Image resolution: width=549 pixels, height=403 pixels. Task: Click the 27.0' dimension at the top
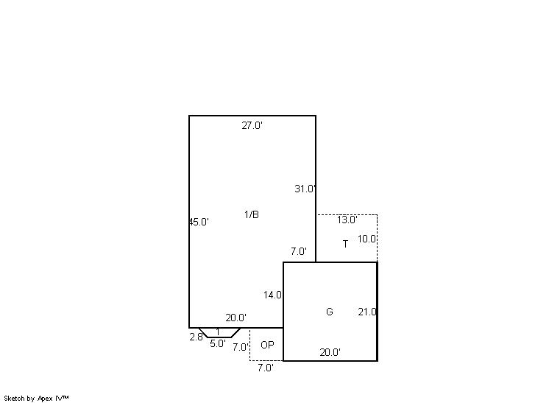coord(252,125)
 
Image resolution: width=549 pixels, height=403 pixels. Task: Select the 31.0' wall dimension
coord(305,189)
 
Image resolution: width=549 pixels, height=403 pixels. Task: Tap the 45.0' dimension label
coord(199,222)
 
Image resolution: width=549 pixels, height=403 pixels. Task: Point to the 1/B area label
coord(252,214)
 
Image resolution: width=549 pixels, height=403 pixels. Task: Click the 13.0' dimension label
coord(347,220)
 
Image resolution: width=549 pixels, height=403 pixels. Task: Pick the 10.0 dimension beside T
coord(367,239)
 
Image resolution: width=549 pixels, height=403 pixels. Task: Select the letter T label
coord(346,244)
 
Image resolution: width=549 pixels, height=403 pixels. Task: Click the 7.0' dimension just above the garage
coord(299,251)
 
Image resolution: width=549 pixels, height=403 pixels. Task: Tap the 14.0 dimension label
coord(273,295)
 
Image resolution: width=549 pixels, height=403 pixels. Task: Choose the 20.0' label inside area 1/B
coord(236,318)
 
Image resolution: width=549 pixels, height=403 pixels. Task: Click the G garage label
coord(330,312)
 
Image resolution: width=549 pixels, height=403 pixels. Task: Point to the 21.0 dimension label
coord(367,312)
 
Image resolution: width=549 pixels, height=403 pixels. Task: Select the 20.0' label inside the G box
coord(330,352)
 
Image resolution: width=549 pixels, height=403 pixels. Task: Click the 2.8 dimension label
coord(196,337)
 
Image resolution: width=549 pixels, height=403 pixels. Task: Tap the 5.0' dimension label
coord(218,344)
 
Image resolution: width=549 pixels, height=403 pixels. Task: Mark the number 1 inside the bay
coord(218,332)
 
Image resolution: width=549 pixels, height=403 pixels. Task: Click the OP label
coord(267,346)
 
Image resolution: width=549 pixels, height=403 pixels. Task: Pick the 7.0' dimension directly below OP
coord(266,368)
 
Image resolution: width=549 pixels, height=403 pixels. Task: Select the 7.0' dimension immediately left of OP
coord(241,347)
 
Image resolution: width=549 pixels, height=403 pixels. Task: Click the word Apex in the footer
coord(45,399)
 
